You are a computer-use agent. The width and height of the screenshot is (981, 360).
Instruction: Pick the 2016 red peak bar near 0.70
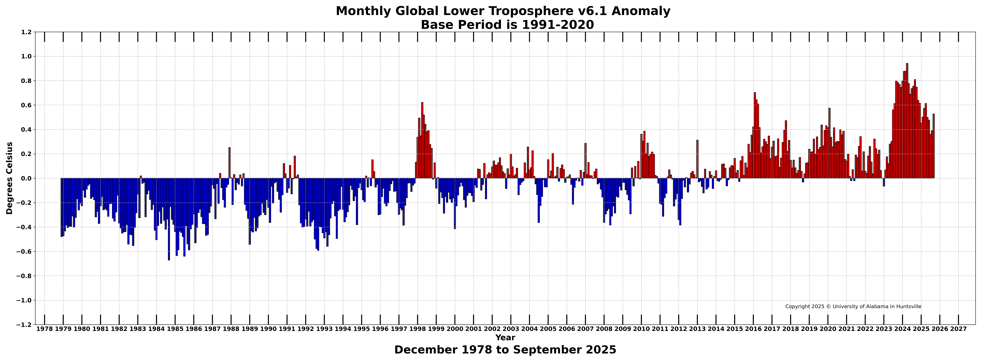click(x=755, y=136)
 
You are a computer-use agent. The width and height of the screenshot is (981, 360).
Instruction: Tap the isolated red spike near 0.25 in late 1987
click(x=229, y=163)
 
